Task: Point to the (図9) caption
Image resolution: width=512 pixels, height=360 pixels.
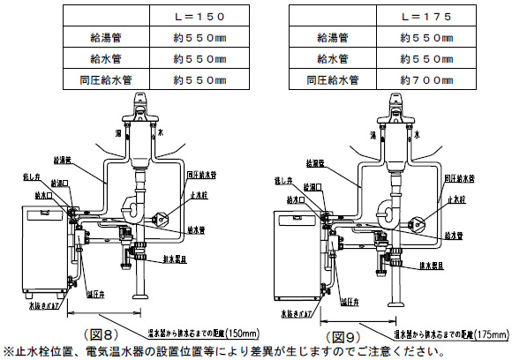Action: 343,337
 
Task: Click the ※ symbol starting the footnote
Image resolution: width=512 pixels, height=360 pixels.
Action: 8,351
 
